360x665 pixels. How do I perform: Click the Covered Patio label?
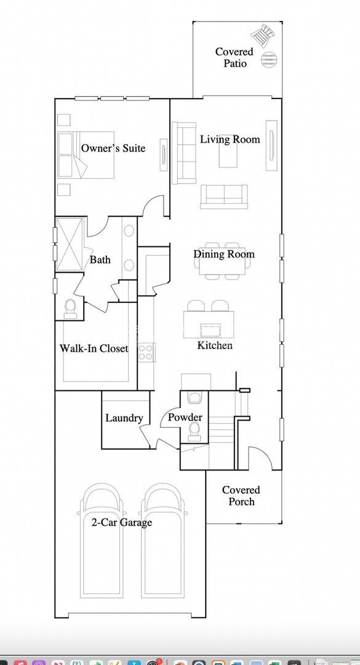click(x=234, y=57)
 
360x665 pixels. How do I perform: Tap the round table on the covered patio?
click(x=268, y=59)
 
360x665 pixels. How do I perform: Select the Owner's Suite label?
click(x=113, y=148)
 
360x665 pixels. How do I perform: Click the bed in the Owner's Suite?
click(x=73, y=155)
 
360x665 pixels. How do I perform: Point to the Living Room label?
click(x=230, y=140)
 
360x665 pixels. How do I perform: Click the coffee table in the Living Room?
click(x=229, y=154)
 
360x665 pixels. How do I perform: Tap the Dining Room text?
click(x=223, y=254)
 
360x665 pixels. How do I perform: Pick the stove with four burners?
click(x=146, y=352)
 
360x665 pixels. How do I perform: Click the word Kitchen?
click(x=215, y=345)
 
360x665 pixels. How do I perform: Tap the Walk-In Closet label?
click(x=94, y=349)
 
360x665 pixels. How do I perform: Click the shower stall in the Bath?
click(x=69, y=244)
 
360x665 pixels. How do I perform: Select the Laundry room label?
click(x=124, y=418)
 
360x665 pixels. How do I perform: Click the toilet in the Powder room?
click(x=195, y=429)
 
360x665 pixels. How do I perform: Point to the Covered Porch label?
click(x=241, y=496)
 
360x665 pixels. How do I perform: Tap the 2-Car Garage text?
click(x=121, y=523)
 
